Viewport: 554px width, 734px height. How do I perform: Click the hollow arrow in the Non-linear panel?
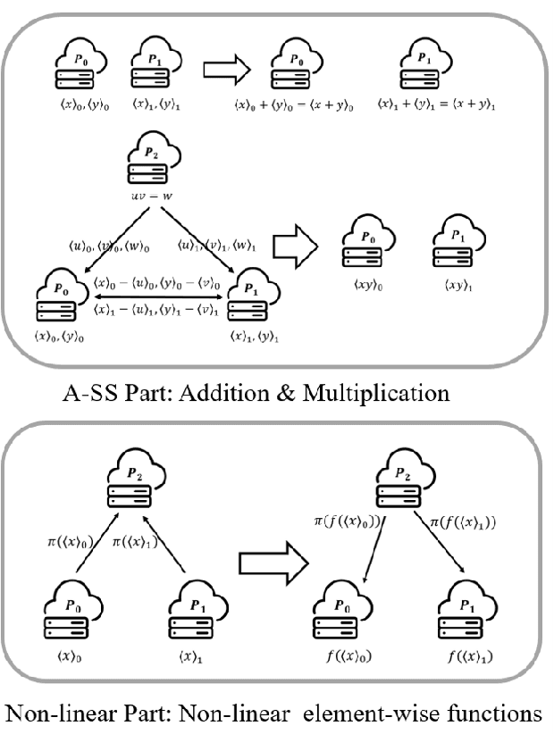point(272,562)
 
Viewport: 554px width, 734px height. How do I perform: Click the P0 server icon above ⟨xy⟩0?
point(367,244)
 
